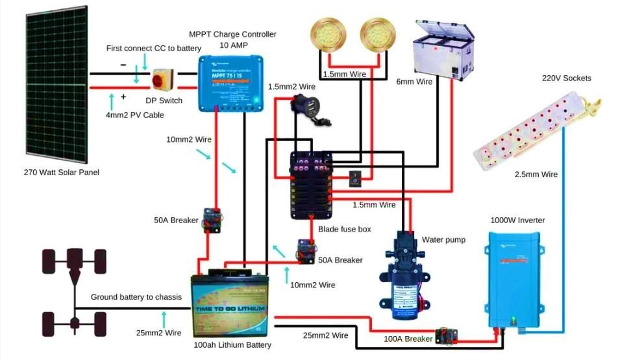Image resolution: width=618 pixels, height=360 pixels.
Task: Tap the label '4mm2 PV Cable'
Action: coord(135,115)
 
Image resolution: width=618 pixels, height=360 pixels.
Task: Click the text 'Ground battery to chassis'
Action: coord(136,297)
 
